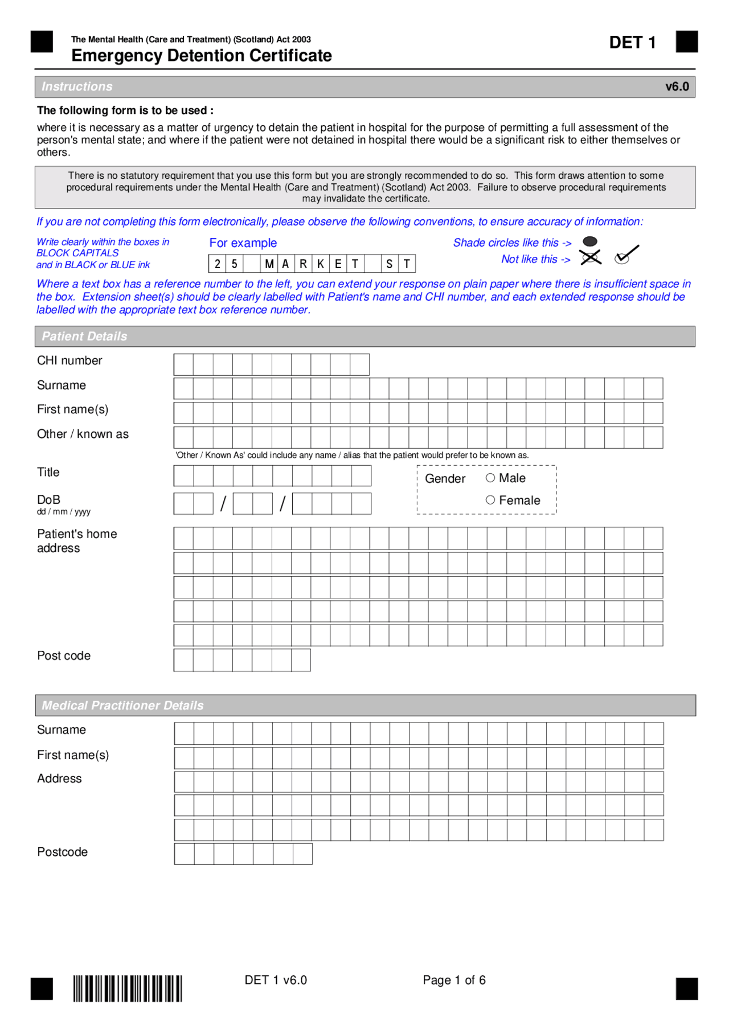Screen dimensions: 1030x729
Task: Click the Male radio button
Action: click(490, 478)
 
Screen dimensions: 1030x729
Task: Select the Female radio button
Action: click(490, 500)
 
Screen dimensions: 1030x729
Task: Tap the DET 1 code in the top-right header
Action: click(632, 43)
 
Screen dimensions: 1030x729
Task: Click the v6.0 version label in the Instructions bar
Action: click(677, 87)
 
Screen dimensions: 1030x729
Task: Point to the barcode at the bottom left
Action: click(127, 988)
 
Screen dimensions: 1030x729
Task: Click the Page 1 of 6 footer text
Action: click(454, 980)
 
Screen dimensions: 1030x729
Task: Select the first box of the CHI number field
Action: click(183, 364)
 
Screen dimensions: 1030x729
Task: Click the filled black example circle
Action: click(590, 242)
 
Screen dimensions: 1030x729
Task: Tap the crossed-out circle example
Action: click(591, 258)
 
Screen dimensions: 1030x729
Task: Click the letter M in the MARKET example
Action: click(269, 264)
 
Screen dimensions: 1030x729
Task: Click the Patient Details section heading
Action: click(84, 337)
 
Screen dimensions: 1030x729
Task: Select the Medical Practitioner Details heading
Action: click(122, 705)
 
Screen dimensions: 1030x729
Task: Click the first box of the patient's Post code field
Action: click(183, 660)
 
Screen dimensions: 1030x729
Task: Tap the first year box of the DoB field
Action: click(302, 504)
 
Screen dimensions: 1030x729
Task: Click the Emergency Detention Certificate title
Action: click(202, 56)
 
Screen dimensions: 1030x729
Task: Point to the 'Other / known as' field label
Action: click(83, 434)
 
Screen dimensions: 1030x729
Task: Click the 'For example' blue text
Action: click(243, 243)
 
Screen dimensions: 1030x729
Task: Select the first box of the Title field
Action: click(183, 475)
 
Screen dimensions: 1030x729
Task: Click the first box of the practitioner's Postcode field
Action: click(184, 854)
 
